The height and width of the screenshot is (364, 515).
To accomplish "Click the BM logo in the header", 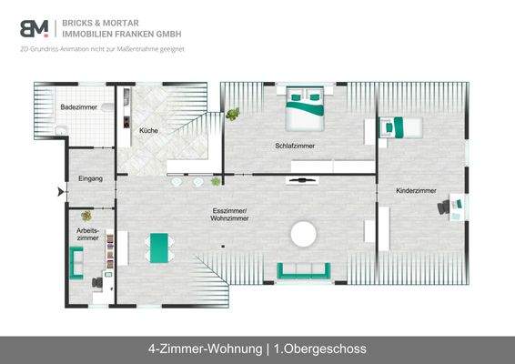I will (35, 28).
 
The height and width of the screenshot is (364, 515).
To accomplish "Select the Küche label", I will (148, 131).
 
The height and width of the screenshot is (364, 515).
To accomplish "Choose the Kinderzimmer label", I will (416, 191).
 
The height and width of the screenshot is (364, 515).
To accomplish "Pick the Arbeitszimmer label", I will (88, 234).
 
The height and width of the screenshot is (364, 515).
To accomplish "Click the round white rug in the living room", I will (303, 235).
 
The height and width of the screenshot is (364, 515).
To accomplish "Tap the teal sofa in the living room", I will (303, 269).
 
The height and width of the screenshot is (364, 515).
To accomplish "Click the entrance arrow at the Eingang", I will (61, 192).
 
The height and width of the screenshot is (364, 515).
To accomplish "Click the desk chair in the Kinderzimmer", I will (443, 207).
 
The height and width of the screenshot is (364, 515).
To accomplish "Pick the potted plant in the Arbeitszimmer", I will (86, 217).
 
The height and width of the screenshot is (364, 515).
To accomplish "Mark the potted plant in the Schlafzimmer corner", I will (233, 115).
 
